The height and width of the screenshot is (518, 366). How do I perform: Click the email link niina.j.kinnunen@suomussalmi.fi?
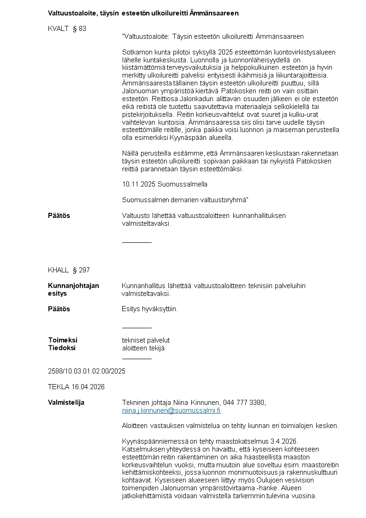[x=171, y=410]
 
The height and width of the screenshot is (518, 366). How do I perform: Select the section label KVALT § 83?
[x=67, y=29]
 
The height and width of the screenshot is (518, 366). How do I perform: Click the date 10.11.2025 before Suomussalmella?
[x=139, y=184]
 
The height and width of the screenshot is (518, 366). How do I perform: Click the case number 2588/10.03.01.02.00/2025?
[x=87, y=371]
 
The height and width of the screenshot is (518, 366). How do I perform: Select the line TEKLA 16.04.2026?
[x=76, y=387]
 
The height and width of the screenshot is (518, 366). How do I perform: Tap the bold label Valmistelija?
[x=66, y=403]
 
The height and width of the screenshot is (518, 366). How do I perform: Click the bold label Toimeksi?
[x=63, y=340]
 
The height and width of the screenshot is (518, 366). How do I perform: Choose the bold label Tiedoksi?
[x=62, y=348]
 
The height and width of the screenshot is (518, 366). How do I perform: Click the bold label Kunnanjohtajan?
[x=73, y=286]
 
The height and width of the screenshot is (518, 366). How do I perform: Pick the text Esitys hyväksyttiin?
[x=150, y=309]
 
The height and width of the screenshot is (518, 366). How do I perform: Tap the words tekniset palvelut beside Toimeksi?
[x=146, y=340]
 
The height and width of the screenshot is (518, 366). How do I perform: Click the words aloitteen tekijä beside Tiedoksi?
[x=143, y=348]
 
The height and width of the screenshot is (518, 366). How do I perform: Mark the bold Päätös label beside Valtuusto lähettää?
[x=59, y=216]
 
